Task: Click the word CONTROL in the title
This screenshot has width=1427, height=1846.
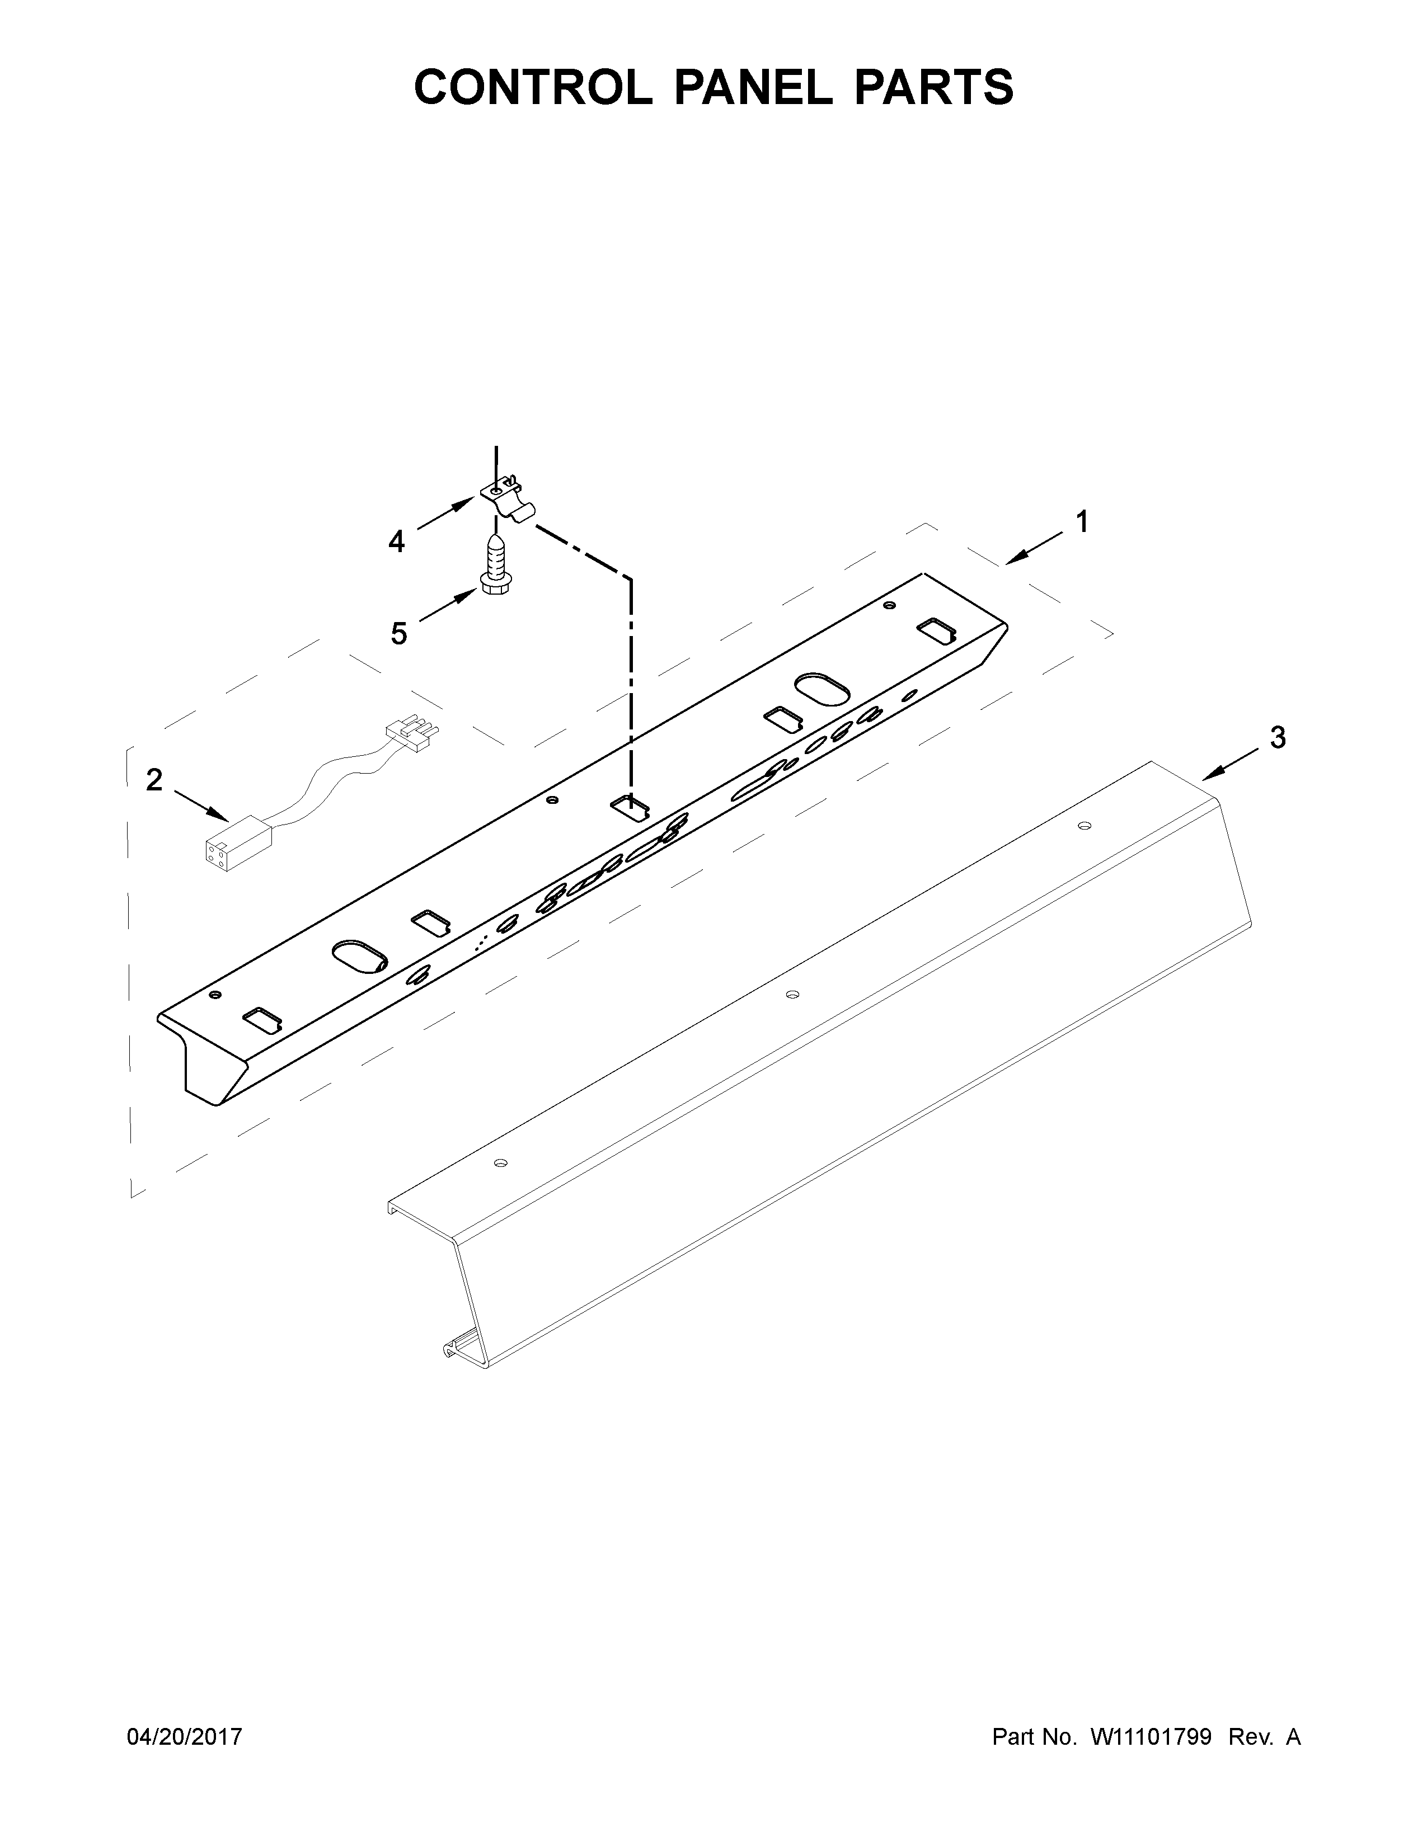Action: [533, 87]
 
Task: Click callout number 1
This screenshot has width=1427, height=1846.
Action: [1081, 522]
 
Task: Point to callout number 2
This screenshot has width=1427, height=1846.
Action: [154, 779]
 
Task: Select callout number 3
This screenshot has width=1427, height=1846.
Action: [1278, 737]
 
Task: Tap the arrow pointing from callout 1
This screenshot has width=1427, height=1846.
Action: [1035, 546]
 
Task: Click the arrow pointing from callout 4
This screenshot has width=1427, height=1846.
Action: [445, 514]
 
